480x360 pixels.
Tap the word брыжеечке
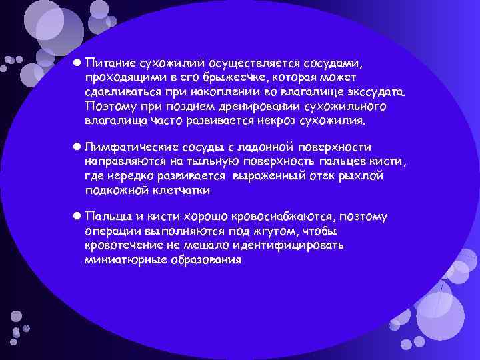pyautogui.click(x=208, y=79)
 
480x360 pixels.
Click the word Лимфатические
pyautogui.click(x=130, y=147)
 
